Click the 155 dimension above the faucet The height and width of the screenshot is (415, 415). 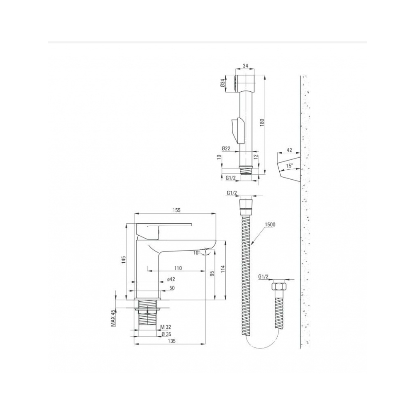tap(176, 210)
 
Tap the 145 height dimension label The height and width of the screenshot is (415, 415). tap(124, 260)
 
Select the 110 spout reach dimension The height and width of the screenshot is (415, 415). tap(178, 269)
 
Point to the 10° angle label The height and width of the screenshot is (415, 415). tap(196, 253)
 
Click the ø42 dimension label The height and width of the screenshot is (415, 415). tap(171, 279)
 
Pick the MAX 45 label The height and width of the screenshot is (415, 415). tap(113, 318)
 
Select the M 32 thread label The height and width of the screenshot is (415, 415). tap(166, 328)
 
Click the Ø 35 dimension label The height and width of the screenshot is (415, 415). tap(166, 334)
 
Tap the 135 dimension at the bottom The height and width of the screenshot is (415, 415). tap(172, 341)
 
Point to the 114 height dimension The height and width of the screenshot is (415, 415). tap(222, 269)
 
